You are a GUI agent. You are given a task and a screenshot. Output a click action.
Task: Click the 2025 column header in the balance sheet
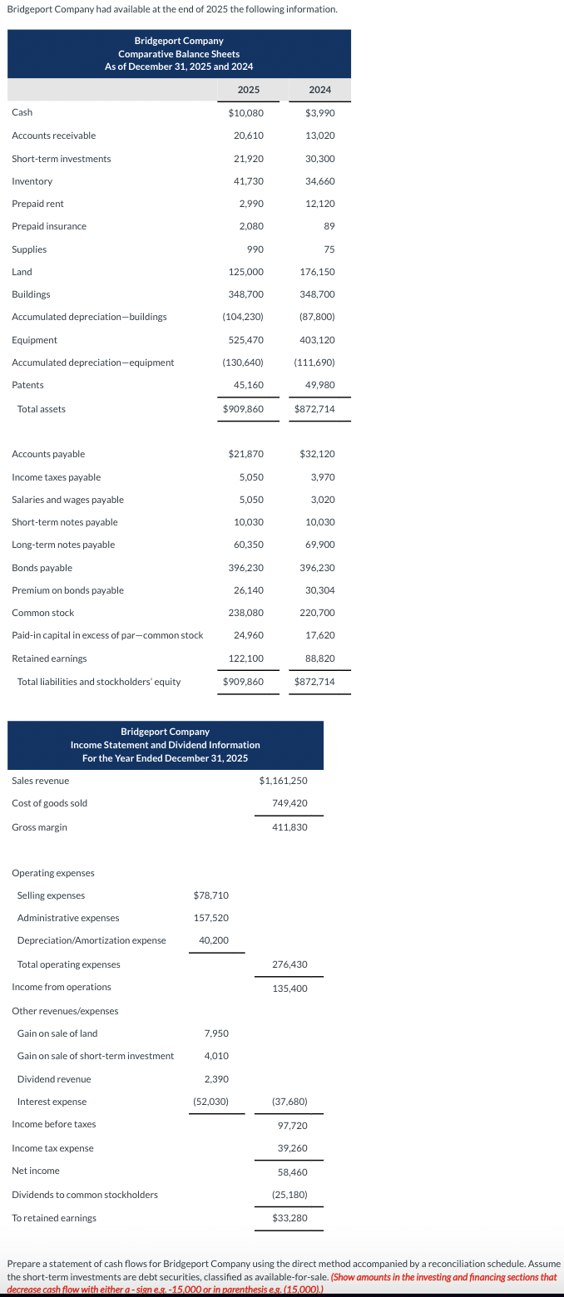pyautogui.click(x=248, y=90)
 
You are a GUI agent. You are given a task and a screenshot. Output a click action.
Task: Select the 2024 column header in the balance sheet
pyautogui.click(x=319, y=90)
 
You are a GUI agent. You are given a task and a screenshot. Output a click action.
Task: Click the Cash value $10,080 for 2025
pyautogui.click(x=246, y=112)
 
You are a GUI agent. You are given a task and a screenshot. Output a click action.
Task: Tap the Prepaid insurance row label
pyautogui.click(x=49, y=226)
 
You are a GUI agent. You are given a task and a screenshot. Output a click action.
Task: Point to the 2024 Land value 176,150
pyautogui.click(x=317, y=272)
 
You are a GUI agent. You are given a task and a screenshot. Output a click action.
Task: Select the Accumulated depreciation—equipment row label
pyautogui.click(x=93, y=362)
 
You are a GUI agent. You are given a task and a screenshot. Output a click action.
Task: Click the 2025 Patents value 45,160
pyautogui.click(x=249, y=385)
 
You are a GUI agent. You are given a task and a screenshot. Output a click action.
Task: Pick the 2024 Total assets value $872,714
pyautogui.click(x=314, y=409)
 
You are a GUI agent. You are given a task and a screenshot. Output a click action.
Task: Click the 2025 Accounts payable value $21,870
pyautogui.click(x=246, y=454)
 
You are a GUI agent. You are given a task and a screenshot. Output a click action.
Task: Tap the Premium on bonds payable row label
pyautogui.click(x=68, y=590)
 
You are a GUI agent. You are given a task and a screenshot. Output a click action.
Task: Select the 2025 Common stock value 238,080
pyautogui.click(x=246, y=613)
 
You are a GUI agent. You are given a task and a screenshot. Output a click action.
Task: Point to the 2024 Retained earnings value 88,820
pyautogui.click(x=319, y=658)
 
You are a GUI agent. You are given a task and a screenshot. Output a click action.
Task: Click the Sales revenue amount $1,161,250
pyautogui.click(x=283, y=781)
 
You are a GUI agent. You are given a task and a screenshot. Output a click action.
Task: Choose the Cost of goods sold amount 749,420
pyautogui.click(x=289, y=803)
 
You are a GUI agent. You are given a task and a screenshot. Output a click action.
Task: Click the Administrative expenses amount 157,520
pyautogui.click(x=211, y=918)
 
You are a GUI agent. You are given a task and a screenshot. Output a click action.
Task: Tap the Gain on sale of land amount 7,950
pyautogui.click(x=216, y=1033)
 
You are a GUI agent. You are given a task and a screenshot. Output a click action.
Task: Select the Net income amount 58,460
pyautogui.click(x=292, y=1171)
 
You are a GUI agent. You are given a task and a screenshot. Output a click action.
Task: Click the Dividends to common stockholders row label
pyautogui.click(x=85, y=1195)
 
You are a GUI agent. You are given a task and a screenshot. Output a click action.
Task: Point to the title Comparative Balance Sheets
pyautogui.click(x=179, y=54)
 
